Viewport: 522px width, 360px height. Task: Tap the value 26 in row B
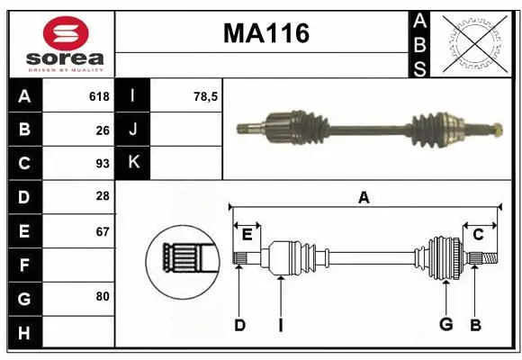(x=102, y=130)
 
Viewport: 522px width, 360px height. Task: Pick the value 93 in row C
(x=102, y=164)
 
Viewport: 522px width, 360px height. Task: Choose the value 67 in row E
(x=102, y=232)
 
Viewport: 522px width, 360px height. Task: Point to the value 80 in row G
(x=102, y=296)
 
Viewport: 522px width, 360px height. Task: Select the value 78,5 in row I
(x=206, y=96)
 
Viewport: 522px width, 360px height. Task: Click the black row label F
(x=24, y=265)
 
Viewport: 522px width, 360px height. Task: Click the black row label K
(x=133, y=163)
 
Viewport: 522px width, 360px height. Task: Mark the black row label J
(x=133, y=130)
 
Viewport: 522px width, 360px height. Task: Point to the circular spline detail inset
(x=182, y=257)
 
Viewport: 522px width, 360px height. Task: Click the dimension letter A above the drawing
(x=364, y=198)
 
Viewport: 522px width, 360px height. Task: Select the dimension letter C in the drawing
(x=478, y=234)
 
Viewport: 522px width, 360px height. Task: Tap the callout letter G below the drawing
(x=445, y=325)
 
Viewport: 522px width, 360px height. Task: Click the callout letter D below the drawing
(x=239, y=325)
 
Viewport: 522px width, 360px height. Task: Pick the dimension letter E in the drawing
(x=247, y=234)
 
